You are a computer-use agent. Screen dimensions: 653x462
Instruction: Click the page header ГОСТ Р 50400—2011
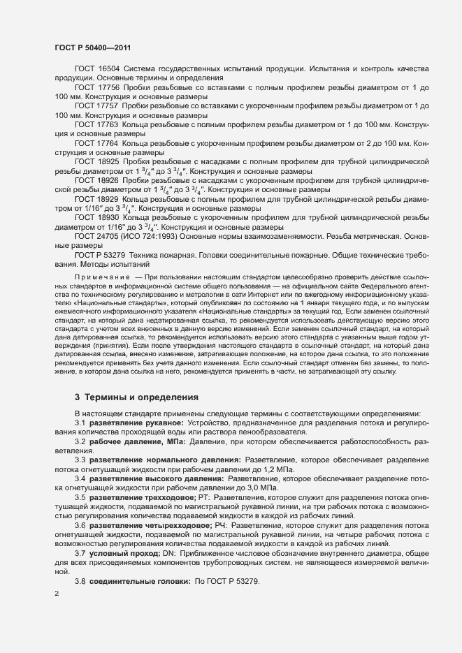92,47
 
